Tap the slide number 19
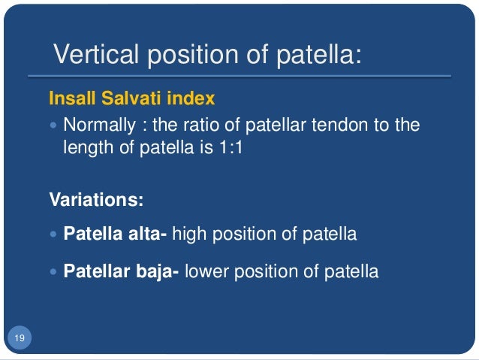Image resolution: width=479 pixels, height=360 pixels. coord(19,340)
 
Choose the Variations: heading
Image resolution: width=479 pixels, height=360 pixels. coord(96,201)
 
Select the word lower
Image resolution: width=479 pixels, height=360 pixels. coord(206,271)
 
